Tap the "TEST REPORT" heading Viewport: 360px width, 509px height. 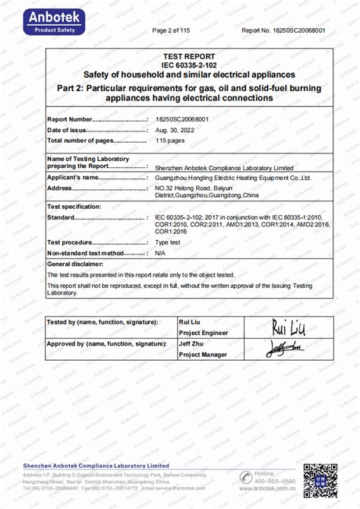click(189, 57)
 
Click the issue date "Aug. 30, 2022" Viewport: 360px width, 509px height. click(174, 131)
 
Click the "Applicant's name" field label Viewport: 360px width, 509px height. click(74, 177)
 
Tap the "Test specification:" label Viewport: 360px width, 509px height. click(74, 207)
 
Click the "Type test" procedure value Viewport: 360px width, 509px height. click(168, 242)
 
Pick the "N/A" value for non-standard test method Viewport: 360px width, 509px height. click(160, 252)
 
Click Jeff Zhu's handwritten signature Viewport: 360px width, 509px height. click(285, 349)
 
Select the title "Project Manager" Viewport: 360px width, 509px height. click(204, 355)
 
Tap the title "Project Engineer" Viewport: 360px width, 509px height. click(203, 333)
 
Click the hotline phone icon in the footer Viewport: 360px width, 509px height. click(245, 477)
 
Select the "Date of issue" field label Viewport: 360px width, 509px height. click(72, 131)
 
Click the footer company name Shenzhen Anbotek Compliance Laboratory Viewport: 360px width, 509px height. click(106, 464)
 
